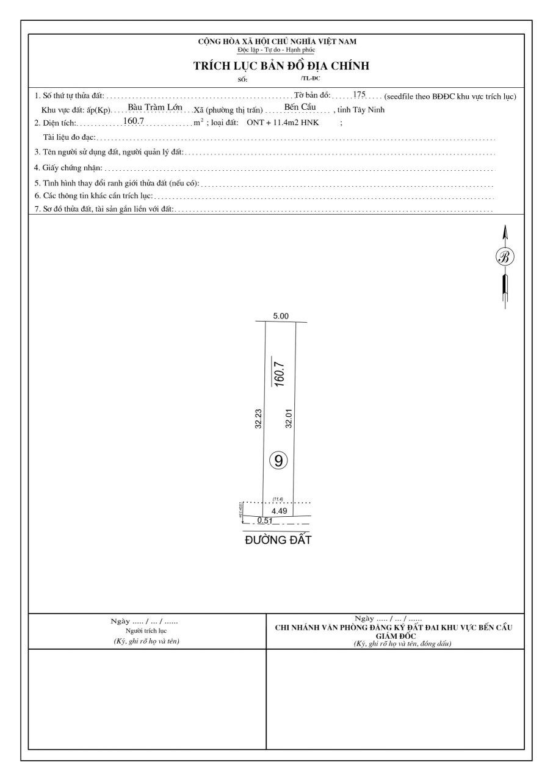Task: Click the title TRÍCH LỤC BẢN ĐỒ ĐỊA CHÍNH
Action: [x=281, y=66]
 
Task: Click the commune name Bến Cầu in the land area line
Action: [x=300, y=108]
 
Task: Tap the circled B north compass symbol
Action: [x=505, y=256]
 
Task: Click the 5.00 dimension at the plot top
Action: [x=281, y=316]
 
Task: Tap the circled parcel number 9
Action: [x=278, y=461]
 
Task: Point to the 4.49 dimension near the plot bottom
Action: [x=280, y=511]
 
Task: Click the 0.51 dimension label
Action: [x=265, y=520]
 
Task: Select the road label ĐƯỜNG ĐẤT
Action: [x=278, y=540]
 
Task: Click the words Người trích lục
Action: [x=146, y=630]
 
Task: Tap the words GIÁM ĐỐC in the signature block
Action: [x=397, y=635]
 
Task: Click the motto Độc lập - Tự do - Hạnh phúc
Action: [x=276, y=49]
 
